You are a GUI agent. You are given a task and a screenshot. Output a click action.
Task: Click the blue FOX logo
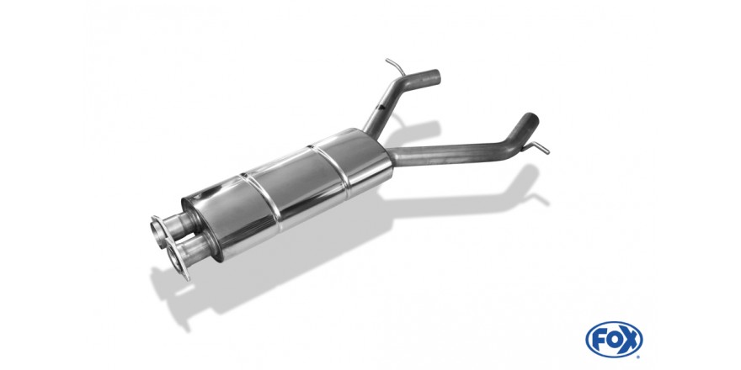pos(614,340)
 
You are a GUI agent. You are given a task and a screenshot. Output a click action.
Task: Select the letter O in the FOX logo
pos(614,340)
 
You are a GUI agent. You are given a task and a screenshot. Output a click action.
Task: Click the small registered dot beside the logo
pos(638,357)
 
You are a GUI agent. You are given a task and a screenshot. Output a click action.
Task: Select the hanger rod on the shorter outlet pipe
pos(396,66)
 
